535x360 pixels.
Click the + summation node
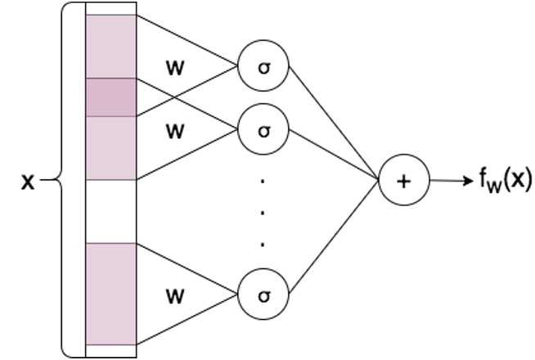pos(402,181)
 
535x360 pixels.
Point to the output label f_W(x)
pos(506,180)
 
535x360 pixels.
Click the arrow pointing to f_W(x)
pos(450,181)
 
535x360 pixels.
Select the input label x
pos(28,182)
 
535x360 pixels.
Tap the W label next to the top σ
pos(175,67)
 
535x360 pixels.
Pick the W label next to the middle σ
pos(175,131)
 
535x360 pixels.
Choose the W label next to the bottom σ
pos(175,295)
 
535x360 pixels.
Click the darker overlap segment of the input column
pos(110,97)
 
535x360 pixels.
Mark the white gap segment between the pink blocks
pos(110,211)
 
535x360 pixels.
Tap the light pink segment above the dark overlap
pos(110,47)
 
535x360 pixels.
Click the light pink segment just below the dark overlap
pos(110,147)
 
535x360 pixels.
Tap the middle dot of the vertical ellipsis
pos(263,211)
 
